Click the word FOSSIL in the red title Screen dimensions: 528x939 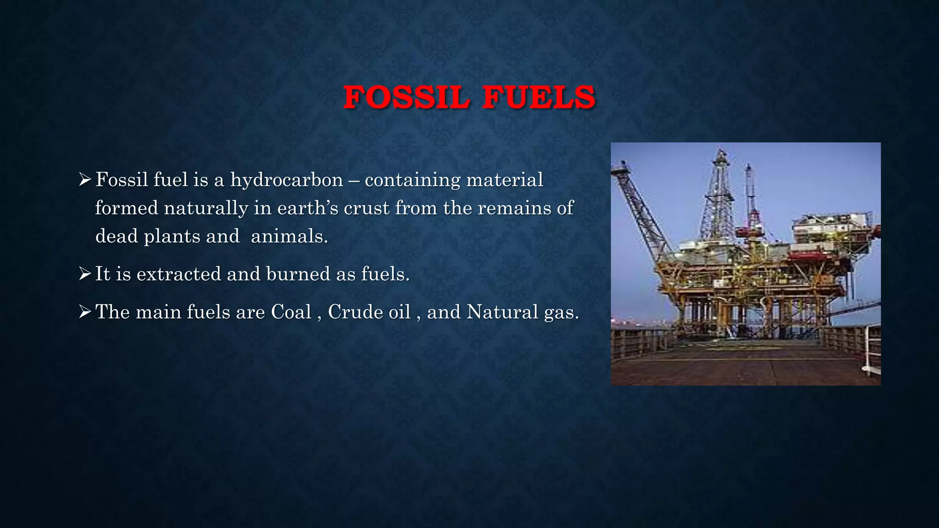tap(406, 98)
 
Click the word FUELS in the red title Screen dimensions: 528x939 tap(539, 98)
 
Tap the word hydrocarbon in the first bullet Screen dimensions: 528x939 tap(287, 180)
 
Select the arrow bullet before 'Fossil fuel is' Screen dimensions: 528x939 tap(85, 179)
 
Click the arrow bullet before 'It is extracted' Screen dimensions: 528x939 tap(85, 274)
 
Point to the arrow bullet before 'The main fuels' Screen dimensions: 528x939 tap(85, 312)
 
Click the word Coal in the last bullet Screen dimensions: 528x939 tap(291, 312)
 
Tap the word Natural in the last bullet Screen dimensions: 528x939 tap(503, 312)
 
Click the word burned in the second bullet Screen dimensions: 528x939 tap(298, 274)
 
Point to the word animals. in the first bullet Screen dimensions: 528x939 tap(289, 236)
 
